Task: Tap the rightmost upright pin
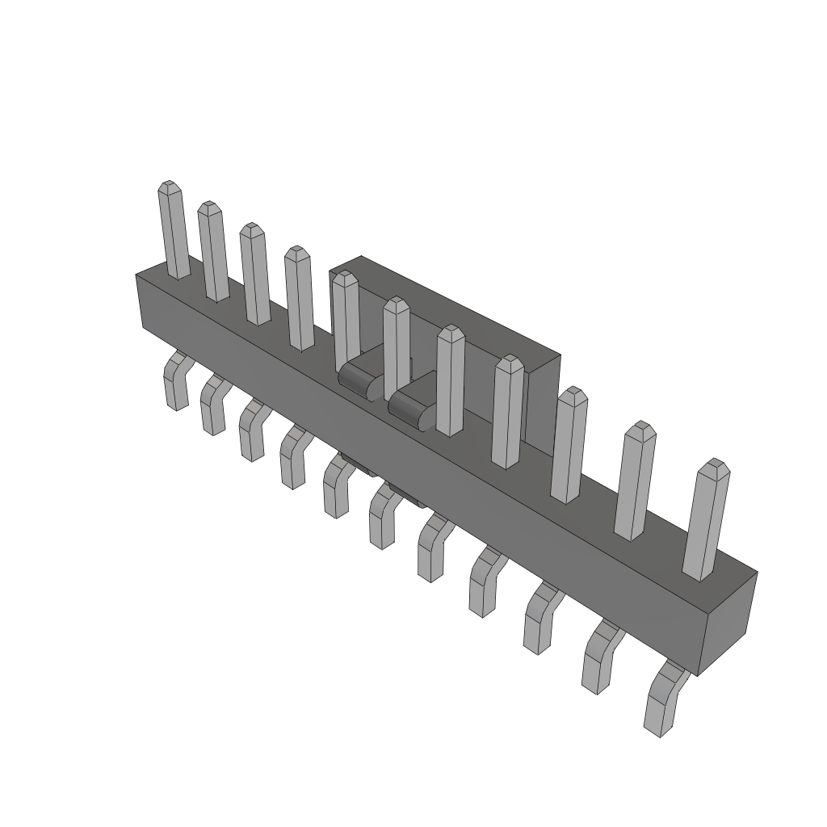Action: (706, 521)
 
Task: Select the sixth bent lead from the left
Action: (383, 517)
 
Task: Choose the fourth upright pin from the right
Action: (508, 412)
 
